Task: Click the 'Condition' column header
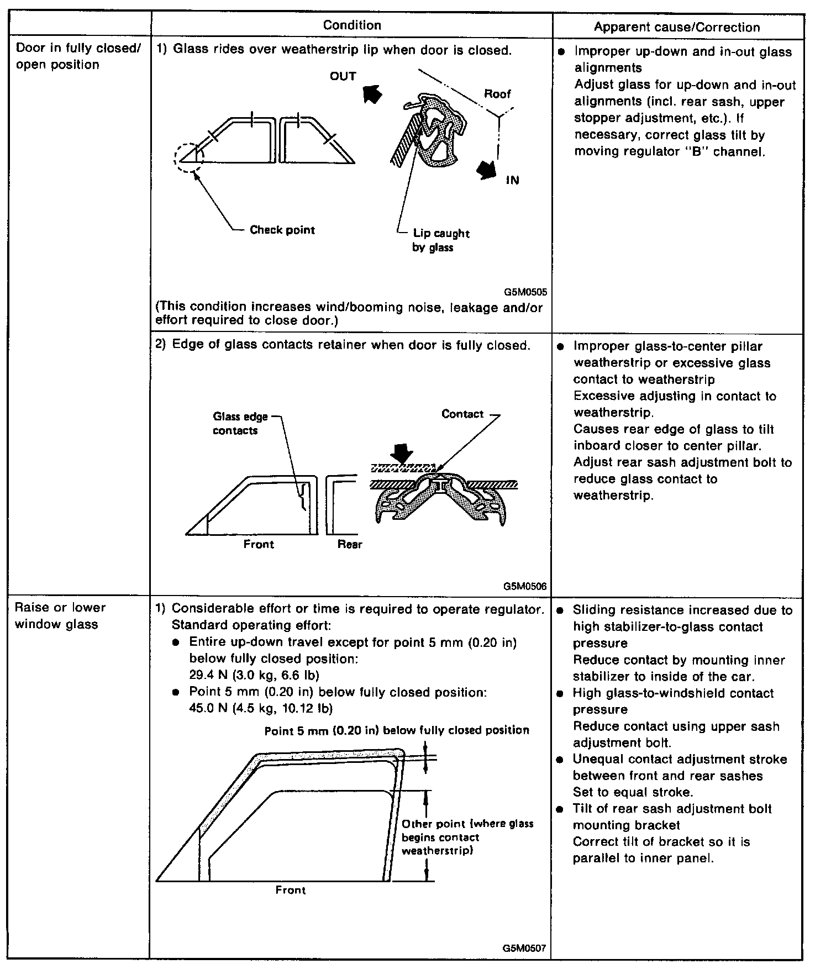pyautogui.click(x=352, y=25)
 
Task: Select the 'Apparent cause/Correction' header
pyautogui.click(x=677, y=28)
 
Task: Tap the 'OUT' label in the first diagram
pyautogui.click(x=343, y=76)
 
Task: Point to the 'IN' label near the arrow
pyautogui.click(x=512, y=181)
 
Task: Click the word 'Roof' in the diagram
pyautogui.click(x=497, y=94)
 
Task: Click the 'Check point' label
pyautogui.click(x=282, y=230)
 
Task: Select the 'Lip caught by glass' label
pyautogui.click(x=441, y=240)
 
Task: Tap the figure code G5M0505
pyautogui.click(x=525, y=292)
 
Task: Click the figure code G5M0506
pyautogui.click(x=525, y=586)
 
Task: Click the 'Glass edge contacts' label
pyautogui.click(x=240, y=424)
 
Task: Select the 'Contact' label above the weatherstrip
pyautogui.click(x=462, y=414)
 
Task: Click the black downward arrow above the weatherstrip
pyautogui.click(x=402, y=455)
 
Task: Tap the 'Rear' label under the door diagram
pyautogui.click(x=350, y=544)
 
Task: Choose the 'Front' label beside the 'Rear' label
pyautogui.click(x=259, y=544)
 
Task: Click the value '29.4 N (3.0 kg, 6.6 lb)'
pyautogui.click(x=254, y=675)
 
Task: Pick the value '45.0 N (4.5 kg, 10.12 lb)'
pyautogui.click(x=261, y=708)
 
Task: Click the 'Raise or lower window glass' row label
pyautogui.click(x=60, y=616)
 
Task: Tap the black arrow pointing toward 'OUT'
pyautogui.click(x=373, y=94)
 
